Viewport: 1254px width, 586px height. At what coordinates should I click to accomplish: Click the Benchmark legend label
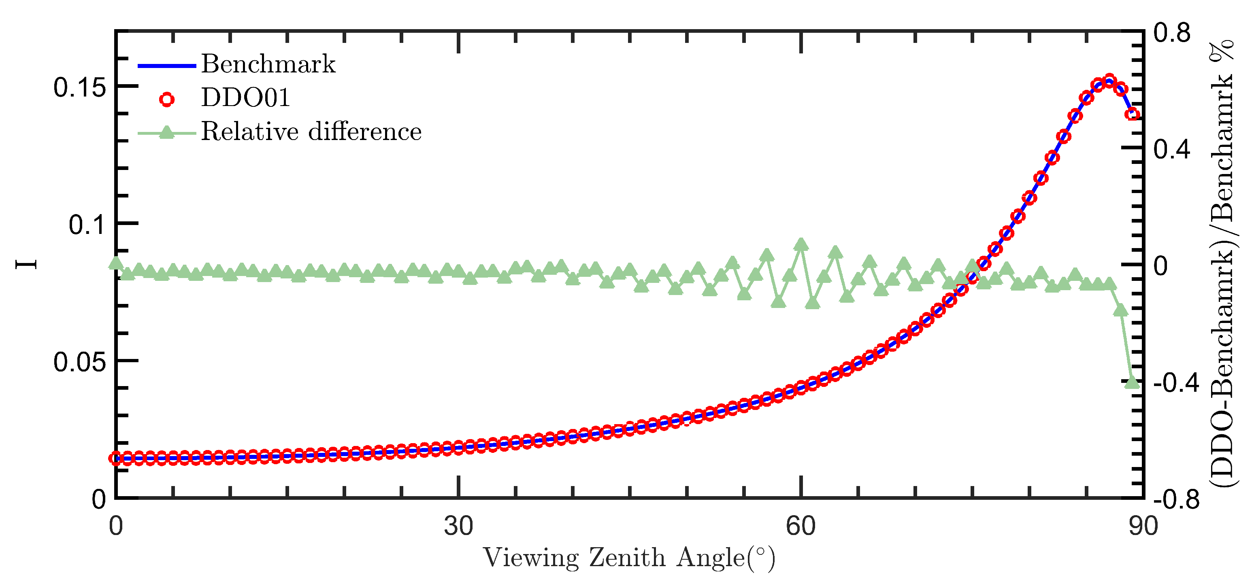pos(268,64)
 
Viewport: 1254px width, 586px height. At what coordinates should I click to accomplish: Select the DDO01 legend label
pos(245,98)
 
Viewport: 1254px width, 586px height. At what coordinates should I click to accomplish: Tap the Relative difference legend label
pos(311,132)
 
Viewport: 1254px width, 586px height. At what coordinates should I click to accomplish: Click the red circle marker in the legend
pos(167,99)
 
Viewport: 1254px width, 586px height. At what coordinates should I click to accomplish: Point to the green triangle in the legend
pos(167,132)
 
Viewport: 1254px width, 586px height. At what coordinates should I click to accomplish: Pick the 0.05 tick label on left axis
pos(79,362)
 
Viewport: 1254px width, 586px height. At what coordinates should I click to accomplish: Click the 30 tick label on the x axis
pos(458,526)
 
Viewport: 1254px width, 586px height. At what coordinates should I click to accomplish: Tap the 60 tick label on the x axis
pos(801,526)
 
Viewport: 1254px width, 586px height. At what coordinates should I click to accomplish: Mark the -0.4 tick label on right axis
pos(1177,383)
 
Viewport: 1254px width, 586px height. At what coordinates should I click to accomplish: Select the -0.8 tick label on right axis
pos(1177,500)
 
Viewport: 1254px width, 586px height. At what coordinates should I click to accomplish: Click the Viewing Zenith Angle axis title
pos(629,558)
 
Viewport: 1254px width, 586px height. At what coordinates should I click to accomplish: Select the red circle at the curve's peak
pos(1109,80)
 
